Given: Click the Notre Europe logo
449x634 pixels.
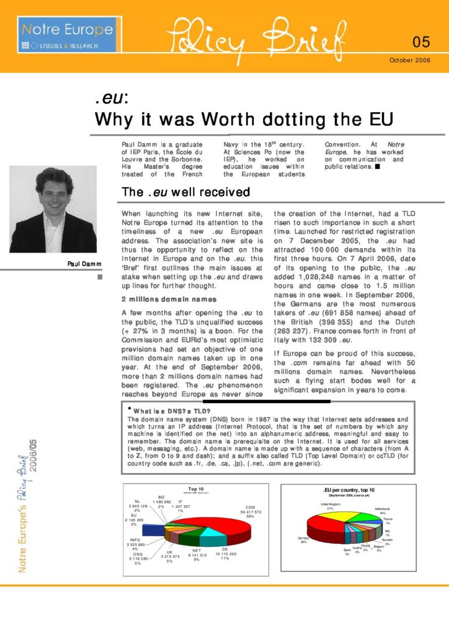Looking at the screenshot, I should click(x=67, y=35).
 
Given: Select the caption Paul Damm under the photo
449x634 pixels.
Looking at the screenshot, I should click(x=84, y=264).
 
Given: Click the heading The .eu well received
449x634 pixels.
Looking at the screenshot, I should click(x=186, y=192).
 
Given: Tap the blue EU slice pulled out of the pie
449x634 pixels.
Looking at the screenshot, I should click(x=151, y=529).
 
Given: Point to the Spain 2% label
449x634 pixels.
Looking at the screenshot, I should click(x=347, y=551).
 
